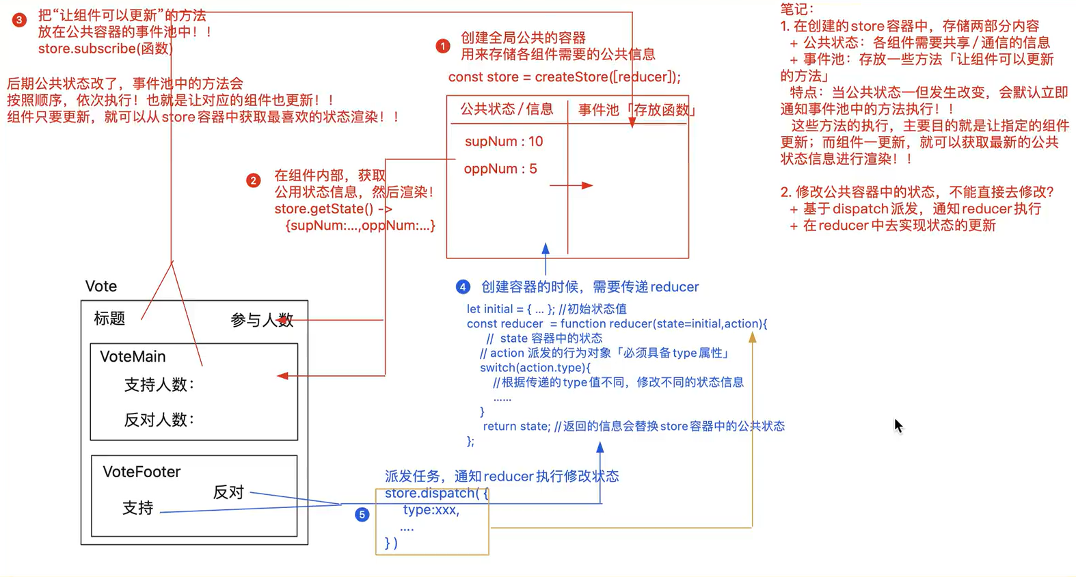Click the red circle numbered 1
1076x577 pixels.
442,46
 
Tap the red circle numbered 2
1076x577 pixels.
253,180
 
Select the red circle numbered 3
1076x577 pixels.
19,21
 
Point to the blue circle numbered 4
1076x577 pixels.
463,286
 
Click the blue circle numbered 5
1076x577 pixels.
362,514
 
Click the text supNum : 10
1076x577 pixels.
503,142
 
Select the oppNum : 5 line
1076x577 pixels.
500,169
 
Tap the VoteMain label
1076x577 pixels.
133,356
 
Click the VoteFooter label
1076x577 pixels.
142,472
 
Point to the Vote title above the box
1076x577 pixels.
100,286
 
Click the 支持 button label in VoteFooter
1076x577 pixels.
137,508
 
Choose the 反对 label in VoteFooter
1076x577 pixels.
228,492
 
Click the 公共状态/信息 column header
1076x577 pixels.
507,109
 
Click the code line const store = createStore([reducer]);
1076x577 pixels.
564,77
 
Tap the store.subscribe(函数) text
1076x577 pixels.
105,49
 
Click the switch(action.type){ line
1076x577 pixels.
535,368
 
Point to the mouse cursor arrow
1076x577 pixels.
898,425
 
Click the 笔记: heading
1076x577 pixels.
797,9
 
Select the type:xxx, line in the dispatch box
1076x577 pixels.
431,510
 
